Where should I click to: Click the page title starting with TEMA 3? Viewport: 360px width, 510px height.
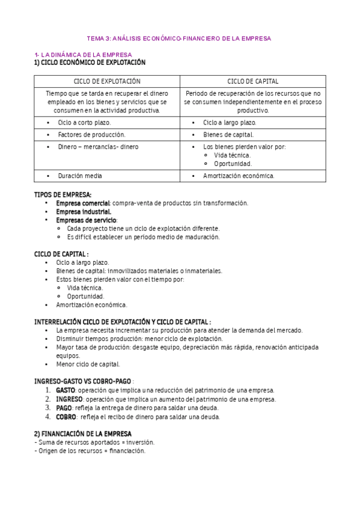click(180, 38)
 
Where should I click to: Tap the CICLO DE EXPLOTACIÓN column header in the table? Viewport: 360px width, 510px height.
click(107, 81)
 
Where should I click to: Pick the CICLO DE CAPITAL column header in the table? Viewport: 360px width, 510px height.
click(252, 81)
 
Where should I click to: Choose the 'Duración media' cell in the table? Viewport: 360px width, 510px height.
click(80, 176)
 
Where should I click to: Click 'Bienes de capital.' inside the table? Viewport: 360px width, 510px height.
click(228, 135)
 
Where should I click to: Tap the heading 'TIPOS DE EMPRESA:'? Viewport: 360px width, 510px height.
click(63, 195)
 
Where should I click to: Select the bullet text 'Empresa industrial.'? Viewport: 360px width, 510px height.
click(84, 212)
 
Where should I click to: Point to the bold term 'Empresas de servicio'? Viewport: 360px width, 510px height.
click(87, 220)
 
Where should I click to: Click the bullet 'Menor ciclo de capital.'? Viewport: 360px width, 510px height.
click(88, 364)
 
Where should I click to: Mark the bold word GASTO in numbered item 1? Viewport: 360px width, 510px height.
click(66, 390)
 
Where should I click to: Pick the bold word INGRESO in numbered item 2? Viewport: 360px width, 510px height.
click(69, 399)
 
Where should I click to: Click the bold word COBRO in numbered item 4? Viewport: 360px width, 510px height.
click(66, 416)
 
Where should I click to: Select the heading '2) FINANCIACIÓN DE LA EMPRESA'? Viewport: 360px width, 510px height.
click(82, 434)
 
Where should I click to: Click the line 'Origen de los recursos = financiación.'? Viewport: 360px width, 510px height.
click(90, 450)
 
